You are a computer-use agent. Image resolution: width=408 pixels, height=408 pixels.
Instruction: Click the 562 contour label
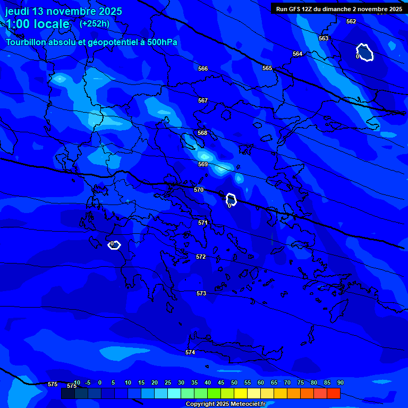point(351,21)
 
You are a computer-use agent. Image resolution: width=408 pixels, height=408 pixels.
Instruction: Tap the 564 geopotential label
point(297,54)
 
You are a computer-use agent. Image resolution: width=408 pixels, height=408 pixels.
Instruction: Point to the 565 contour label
point(267,68)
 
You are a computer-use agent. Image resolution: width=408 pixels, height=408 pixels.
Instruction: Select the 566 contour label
point(203,69)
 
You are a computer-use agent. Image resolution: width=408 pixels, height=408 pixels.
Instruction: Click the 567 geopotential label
point(203,100)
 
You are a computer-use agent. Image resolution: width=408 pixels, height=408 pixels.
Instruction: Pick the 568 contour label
point(202,133)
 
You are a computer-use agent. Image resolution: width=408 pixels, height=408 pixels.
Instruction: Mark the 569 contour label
point(203,164)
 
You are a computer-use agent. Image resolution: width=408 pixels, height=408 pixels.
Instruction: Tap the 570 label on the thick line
point(199,190)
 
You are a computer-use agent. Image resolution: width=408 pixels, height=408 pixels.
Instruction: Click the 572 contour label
point(201,257)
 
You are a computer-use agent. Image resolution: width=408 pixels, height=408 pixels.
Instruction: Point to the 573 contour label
point(201,293)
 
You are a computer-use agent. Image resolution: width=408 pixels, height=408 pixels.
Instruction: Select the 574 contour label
point(190,352)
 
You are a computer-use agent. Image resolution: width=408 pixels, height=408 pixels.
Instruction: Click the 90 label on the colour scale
point(340,382)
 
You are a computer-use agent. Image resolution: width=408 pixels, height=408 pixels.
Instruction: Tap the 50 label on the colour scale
point(234,382)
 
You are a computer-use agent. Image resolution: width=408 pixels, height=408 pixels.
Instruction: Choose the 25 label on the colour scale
point(168,382)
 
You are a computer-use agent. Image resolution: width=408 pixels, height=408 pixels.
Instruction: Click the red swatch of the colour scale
point(334,393)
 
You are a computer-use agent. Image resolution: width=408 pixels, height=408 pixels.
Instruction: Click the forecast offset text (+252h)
point(95,23)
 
